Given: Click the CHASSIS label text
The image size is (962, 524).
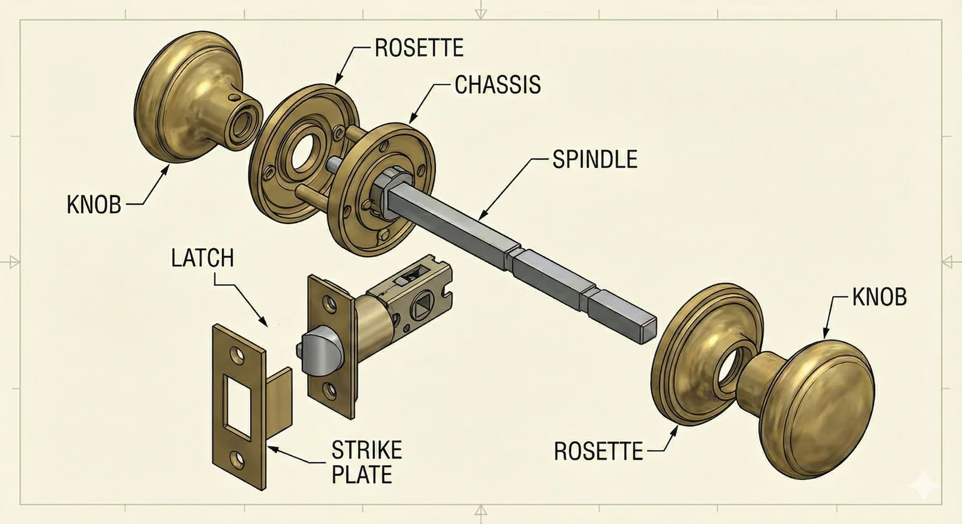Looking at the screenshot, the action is [497, 85].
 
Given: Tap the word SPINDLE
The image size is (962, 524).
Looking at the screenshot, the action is [595, 159].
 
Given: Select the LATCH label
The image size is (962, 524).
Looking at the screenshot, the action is [202, 258].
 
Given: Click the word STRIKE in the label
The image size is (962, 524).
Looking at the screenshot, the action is [367, 450].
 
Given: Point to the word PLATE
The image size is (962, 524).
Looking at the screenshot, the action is [362, 474].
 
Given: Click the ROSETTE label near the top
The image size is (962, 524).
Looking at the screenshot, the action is [419, 47].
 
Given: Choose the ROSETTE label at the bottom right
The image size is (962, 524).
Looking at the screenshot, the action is [598, 451].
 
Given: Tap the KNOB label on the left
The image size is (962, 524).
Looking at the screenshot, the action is [94, 205].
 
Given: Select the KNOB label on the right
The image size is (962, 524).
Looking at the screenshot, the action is [880, 297].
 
